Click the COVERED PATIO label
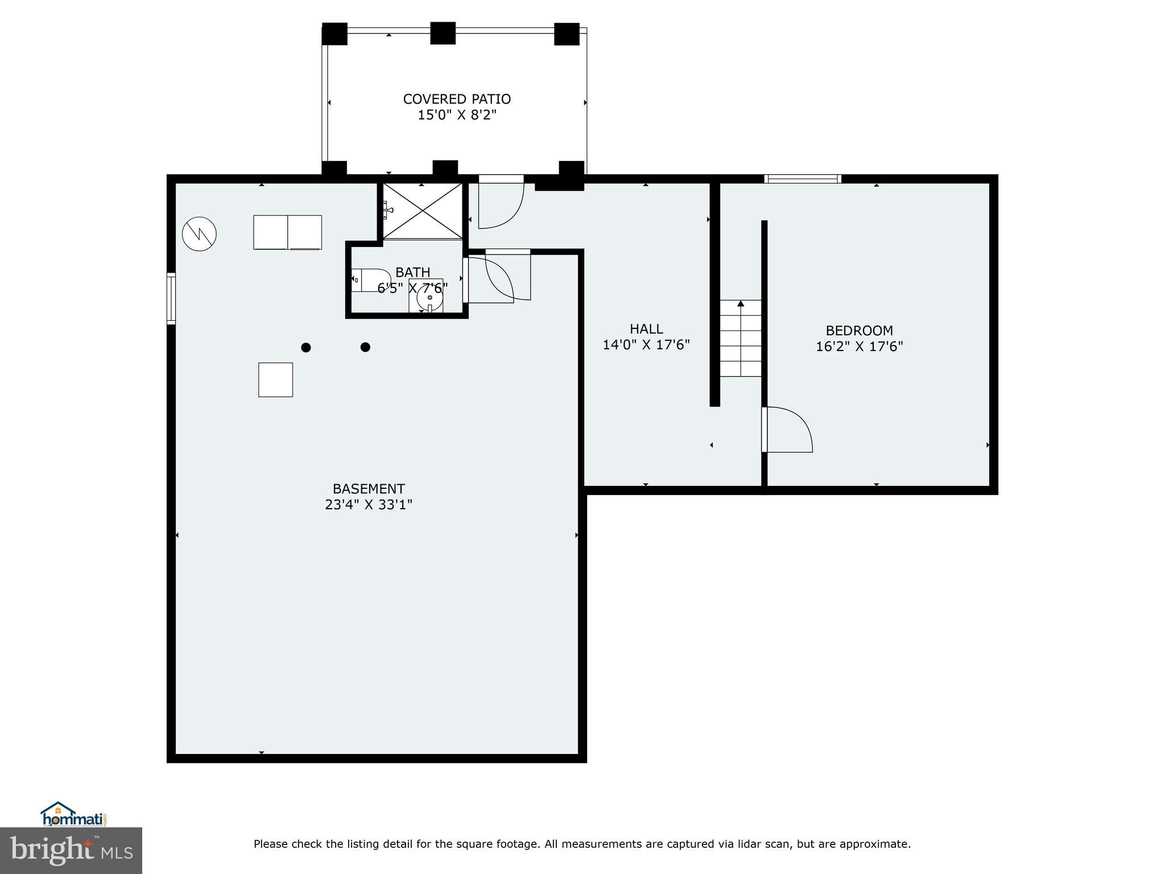pyautogui.click(x=457, y=99)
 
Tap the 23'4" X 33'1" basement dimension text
pyautogui.click(x=368, y=505)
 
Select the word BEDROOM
pyautogui.click(x=859, y=331)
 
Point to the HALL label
pyautogui.click(x=646, y=329)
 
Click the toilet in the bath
pyautogui.click(x=369, y=280)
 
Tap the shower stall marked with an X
pyautogui.click(x=422, y=211)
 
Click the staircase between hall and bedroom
pyautogui.click(x=741, y=338)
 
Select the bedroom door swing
pyautogui.click(x=788, y=430)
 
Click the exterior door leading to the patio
pyautogui.click(x=500, y=202)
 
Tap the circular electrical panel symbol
pyautogui.click(x=199, y=234)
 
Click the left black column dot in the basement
pyautogui.click(x=306, y=348)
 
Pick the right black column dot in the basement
pyautogui.click(x=365, y=347)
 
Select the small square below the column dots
pyautogui.click(x=275, y=380)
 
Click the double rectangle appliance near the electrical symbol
pyautogui.click(x=287, y=232)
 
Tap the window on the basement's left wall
pyautogui.click(x=171, y=298)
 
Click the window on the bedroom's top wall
pyautogui.click(x=802, y=179)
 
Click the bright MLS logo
pyautogui.click(x=71, y=851)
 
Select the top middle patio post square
pyautogui.click(x=443, y=33)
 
